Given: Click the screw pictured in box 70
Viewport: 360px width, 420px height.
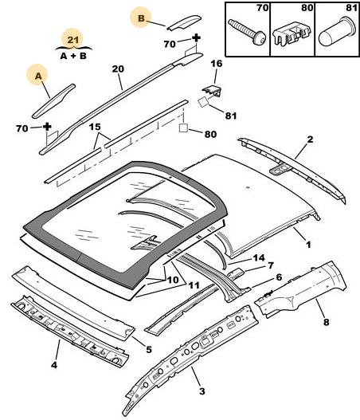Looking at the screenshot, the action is [x=247, y=32].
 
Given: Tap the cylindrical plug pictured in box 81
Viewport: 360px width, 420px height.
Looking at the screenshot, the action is [x=337, y=32].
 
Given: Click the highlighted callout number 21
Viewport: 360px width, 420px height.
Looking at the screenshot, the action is [x=72, y=40].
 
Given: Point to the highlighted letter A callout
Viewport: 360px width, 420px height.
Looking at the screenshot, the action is [x=38, y=76].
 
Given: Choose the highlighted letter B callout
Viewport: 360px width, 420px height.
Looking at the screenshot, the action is [x=141, y=18].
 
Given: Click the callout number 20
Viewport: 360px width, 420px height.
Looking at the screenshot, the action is [x=118, y=69].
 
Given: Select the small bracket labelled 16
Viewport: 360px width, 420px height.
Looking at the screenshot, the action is [x=213, y=91].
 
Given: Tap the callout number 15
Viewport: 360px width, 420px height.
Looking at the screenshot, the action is [x=95, y=127].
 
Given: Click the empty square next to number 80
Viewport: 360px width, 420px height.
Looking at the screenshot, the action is [x=183, y=128].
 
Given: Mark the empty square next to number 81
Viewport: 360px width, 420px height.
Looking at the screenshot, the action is [x=203, y=102].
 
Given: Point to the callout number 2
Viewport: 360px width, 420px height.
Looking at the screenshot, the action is [x=310, y=139].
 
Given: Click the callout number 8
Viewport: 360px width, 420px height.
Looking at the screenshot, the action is [x=326, y=322].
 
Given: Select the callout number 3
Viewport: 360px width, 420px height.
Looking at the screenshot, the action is [x=202, y=391].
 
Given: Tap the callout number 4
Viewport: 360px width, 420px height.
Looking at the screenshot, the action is [x=54, y=365].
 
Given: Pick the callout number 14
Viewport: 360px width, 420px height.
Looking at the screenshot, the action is [x=259, y=258].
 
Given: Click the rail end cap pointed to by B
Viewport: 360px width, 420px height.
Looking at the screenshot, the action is [x=184, y=22].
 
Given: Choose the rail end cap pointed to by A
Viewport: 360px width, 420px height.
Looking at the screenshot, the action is [x=53, y=101].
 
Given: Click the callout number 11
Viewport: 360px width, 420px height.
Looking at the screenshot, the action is [x=194, y=285].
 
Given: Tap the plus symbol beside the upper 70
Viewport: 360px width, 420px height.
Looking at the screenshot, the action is [x=197, y=37].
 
